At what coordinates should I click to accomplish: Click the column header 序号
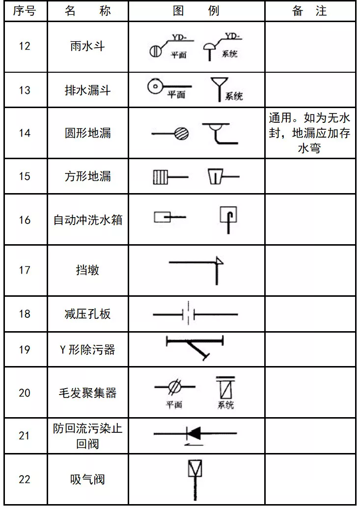pos(24,11)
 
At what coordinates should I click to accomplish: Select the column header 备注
pos(309,11)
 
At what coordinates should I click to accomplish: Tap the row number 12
pos(24,46)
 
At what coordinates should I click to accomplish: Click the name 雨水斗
pos(88,46)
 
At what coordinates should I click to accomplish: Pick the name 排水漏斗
pos(88,90)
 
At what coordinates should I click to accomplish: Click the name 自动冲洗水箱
pos(88,220)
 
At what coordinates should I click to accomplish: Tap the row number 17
pos(24,270)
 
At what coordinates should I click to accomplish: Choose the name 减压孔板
pos(88,314)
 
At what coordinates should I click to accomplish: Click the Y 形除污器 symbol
pos(195,347)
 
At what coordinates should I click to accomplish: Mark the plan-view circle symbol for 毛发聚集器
pos(173,387)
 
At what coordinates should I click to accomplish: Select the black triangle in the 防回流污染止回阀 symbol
pos(194,433)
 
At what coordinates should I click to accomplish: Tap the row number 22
pos(24,479)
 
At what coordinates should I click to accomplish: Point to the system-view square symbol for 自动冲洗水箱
pos(229,215)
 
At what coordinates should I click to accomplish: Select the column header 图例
pos(196,11)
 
